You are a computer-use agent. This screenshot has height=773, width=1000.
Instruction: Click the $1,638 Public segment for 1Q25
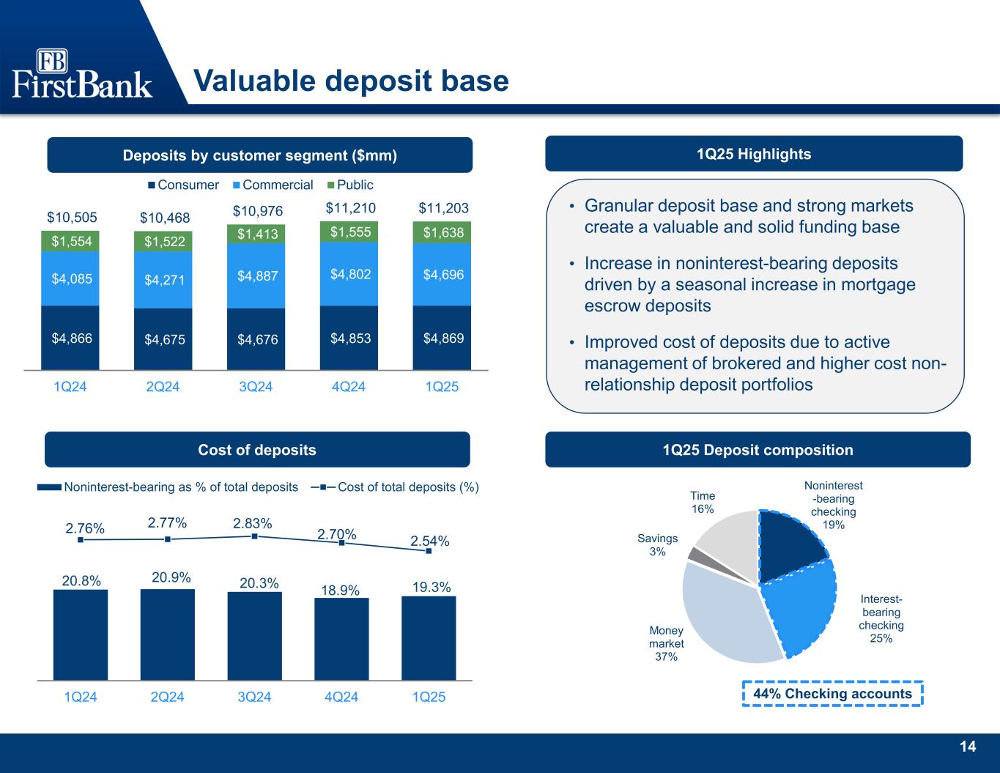[442, 232]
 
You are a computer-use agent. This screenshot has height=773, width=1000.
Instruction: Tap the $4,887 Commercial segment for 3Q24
[256, 275]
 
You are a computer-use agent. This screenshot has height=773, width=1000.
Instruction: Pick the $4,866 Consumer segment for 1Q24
[70, 338]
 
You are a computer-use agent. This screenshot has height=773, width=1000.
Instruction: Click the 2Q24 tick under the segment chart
[163, 386]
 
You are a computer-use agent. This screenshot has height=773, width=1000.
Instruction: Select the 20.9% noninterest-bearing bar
[168, 635]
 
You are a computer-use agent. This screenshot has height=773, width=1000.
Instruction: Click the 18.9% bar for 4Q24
[341, 639]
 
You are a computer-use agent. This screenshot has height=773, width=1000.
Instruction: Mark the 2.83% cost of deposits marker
[254, 536]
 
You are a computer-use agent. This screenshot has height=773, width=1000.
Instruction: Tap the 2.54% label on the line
[429, 541]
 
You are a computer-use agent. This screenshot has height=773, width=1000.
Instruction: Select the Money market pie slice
[722, 615]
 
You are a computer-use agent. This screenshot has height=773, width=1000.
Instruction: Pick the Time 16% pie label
[703, 502]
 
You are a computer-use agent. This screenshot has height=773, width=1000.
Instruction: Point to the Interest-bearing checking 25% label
[881, 619]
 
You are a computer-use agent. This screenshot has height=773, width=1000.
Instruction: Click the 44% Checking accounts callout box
[832, 694]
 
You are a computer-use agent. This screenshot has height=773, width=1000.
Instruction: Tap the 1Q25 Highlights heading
[754, 154]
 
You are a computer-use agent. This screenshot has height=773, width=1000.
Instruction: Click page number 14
[968, 747]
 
